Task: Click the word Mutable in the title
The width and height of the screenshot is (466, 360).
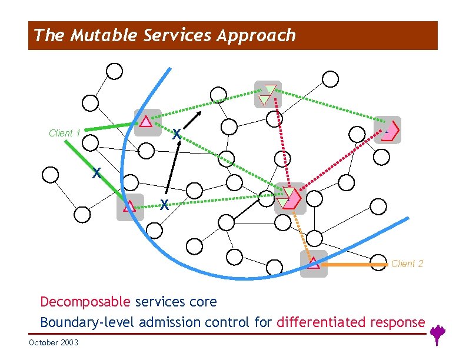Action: pyautogui.click(x=104, y=36)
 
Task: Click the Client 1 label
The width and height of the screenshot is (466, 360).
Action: pyautogui.click(x=65, y=134)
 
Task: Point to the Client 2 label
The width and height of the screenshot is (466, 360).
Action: pyautogui.click(x=407, y=264)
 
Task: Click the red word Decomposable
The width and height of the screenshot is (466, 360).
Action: pyautogui.click(x=85, y=302)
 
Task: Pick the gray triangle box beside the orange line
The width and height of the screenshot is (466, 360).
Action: pyautogui.click(x=314, y=264)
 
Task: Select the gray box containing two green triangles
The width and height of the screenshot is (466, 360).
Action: pyautogui.click(x=268, y=94)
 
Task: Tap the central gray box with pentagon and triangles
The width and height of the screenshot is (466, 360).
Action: pyautogui.click(x=289, y=198)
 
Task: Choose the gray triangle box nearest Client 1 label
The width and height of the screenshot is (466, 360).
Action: pyautogui.click(x=147, y=122)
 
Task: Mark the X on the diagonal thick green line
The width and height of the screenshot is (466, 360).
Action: pyautogui.click(x=96, y=174)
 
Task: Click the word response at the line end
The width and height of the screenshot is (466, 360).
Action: pyautogui.click(x=402, y=322)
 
